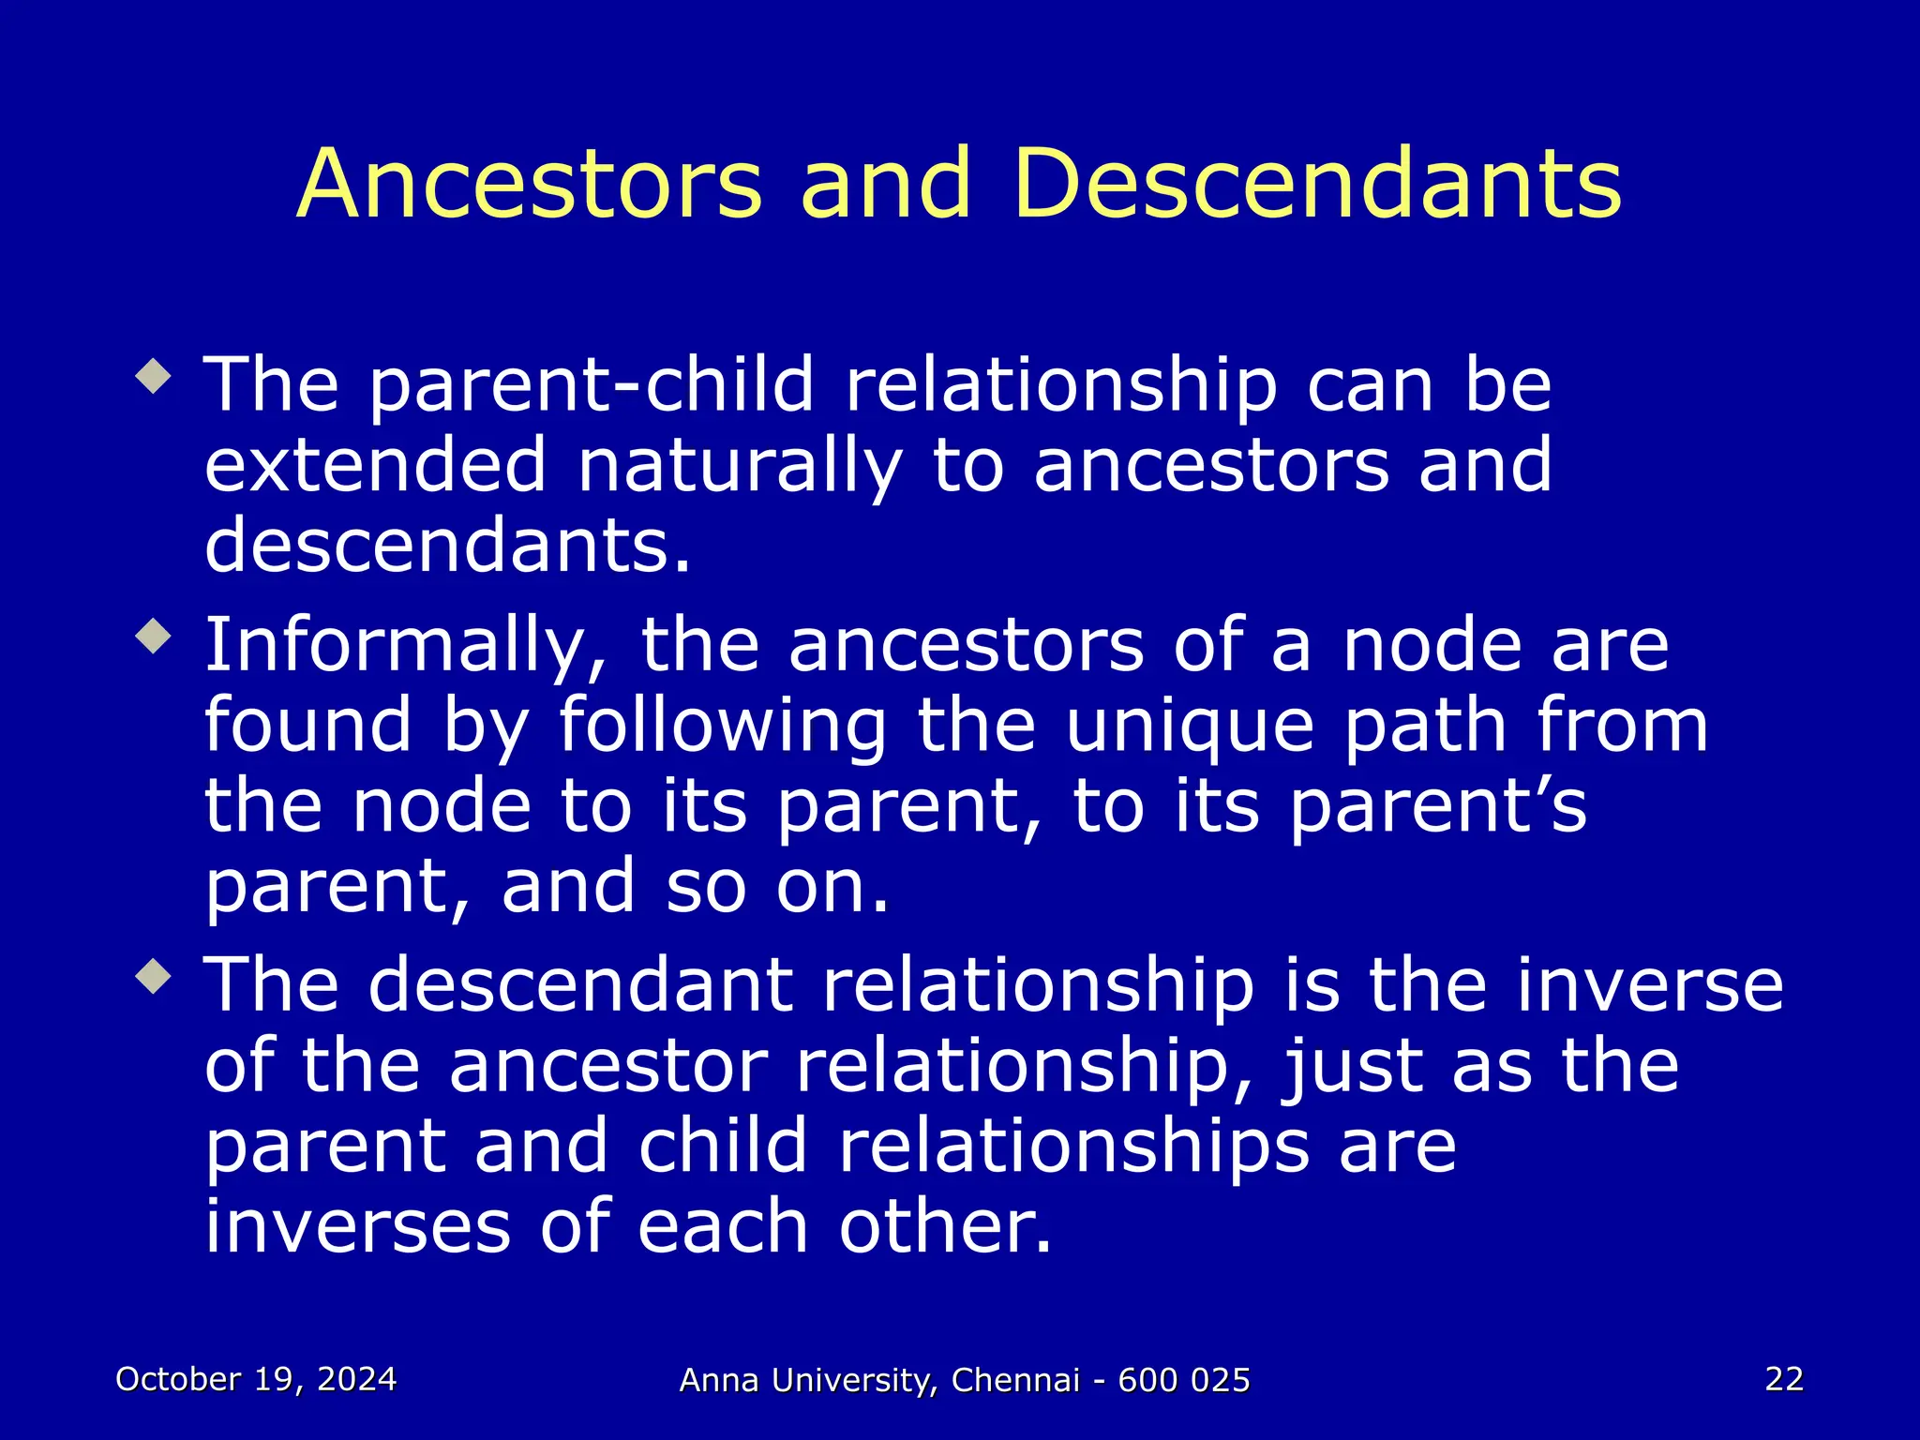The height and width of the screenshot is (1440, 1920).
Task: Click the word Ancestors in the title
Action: [x=530, y=185]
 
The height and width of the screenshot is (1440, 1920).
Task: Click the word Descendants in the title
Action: [x=1316, y=185]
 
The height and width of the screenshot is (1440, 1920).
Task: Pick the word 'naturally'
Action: [x=739, y=466]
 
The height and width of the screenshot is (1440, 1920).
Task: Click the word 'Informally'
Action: [x=406, y=647]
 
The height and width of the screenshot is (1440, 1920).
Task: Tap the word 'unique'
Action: [x=1191, y=727]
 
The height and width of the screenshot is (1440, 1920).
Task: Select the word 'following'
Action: [x=722, y=727]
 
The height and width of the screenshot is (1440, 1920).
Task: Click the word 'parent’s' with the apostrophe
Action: [x=1437, y=807]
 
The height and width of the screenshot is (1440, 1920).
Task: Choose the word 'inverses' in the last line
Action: [x=357, y=1227]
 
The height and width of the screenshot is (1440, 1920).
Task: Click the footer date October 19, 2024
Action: [x=256, y=1379]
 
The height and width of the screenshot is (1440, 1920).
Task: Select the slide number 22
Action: [x=1783, y=1379]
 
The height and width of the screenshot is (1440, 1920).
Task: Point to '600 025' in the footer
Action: [x=1184, y=1380]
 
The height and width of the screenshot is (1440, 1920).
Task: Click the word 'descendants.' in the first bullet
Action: [x=447, y=547]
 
